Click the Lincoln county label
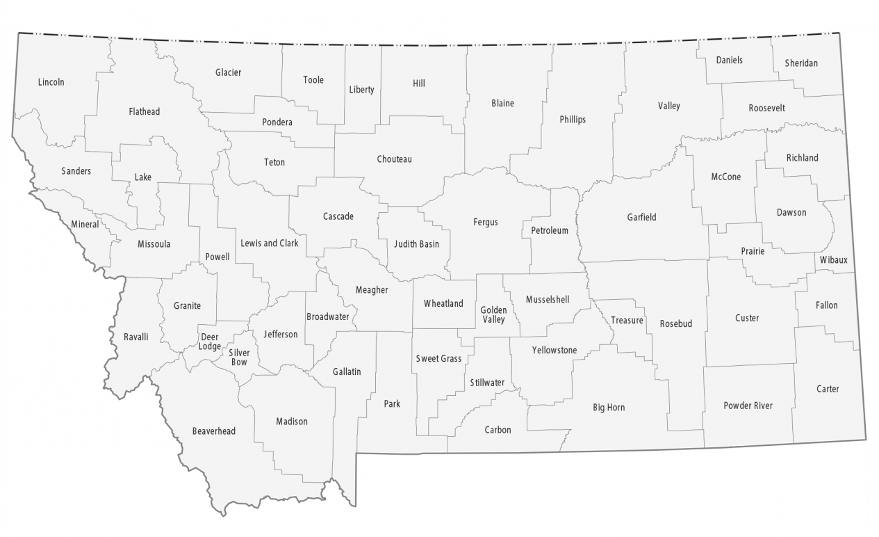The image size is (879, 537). point(51,82)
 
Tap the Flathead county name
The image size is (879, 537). point(144,111)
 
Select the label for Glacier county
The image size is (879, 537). point(228,72)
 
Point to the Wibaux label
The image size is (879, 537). point(832,259)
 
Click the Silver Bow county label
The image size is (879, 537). point(238,357)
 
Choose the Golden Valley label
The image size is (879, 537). point(493,314)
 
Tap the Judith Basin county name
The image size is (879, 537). point(416,244)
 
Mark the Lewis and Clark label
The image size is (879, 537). point(269,243)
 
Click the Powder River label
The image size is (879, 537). point(748,406)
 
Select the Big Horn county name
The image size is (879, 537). point(608,408)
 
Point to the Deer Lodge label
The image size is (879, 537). point(210,342)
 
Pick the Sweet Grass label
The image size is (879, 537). point(438,358)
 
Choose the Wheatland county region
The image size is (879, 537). point(443,303)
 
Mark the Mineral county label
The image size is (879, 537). point(85,225)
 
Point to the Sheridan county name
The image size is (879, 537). point(801,63)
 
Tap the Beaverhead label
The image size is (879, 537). point(213,431)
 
